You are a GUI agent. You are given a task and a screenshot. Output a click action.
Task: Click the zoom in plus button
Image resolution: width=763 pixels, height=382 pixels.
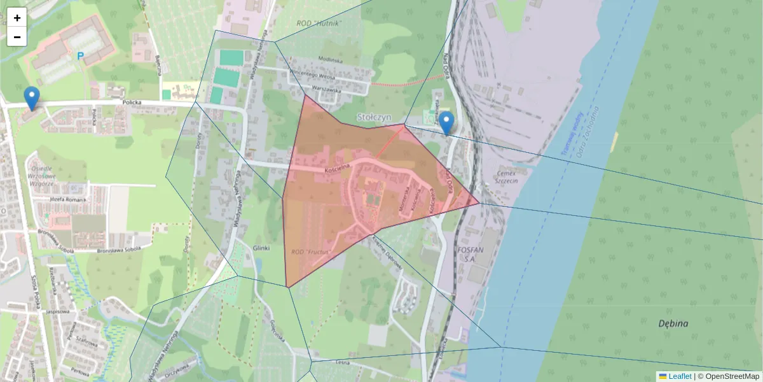(17, 18)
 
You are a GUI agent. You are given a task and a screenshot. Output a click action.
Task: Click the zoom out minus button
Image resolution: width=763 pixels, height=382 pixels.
(17, 37)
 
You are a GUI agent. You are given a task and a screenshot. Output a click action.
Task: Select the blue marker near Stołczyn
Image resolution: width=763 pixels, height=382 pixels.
(447, 123)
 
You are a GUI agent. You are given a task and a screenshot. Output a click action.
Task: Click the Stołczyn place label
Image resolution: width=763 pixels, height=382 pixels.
(373, 118)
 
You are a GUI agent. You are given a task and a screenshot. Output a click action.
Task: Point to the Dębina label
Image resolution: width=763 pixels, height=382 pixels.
(673, 323)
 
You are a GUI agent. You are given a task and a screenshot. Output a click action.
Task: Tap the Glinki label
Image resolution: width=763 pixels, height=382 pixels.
(261, 248)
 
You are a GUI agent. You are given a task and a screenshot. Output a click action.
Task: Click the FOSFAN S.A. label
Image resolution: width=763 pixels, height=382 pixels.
(471, 255)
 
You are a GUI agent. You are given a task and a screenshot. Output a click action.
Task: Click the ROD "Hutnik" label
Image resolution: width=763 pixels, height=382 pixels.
(319, 24)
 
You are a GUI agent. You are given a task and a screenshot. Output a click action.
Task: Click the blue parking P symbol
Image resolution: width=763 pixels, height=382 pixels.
(80, 56)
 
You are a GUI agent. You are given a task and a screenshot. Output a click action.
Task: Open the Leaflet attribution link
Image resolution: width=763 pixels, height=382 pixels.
(680, 376)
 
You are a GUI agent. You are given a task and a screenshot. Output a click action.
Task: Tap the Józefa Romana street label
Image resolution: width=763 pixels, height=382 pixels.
(67, 199)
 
